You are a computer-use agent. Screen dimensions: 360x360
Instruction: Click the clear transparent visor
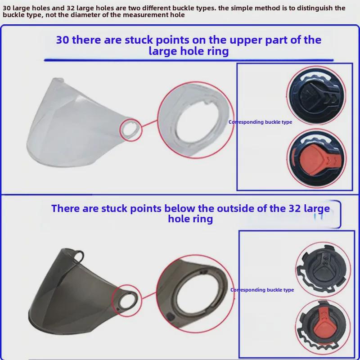pos(76,124)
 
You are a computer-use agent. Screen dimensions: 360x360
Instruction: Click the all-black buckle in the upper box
pos(316,95)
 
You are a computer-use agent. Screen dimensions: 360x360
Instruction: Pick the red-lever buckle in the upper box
pos(317,158)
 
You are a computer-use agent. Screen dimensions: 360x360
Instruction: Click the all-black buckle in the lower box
pos(323,269)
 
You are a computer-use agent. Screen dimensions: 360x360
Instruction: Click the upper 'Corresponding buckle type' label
pos(260,122)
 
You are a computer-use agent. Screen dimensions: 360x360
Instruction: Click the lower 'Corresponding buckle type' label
pos(262,290)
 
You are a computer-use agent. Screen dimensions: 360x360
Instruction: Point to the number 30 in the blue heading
pos(63,40)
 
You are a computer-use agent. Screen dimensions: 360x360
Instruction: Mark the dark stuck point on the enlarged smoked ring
pos(170,317)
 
